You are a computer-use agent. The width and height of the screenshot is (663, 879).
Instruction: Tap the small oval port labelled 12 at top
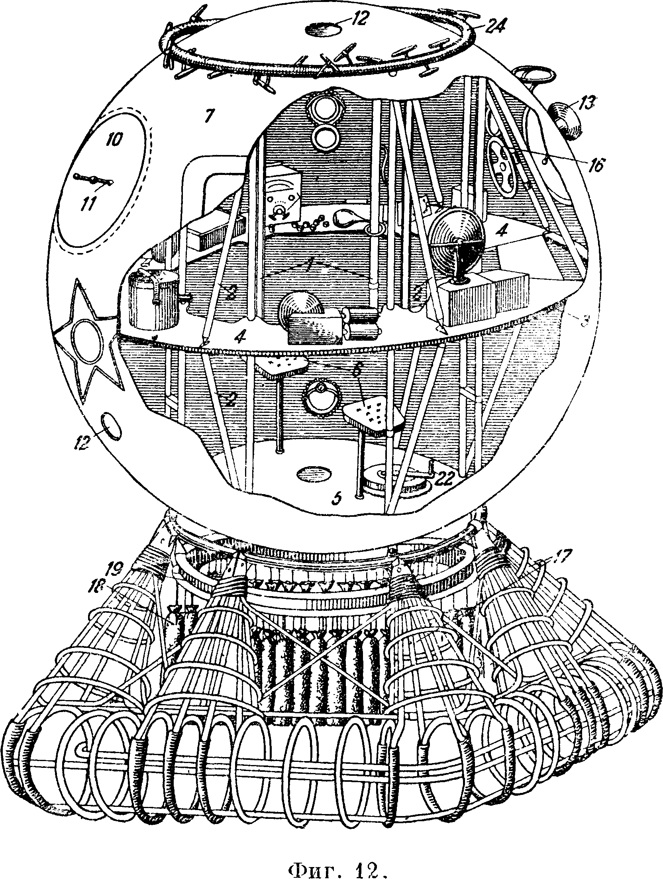pos(322,29)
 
